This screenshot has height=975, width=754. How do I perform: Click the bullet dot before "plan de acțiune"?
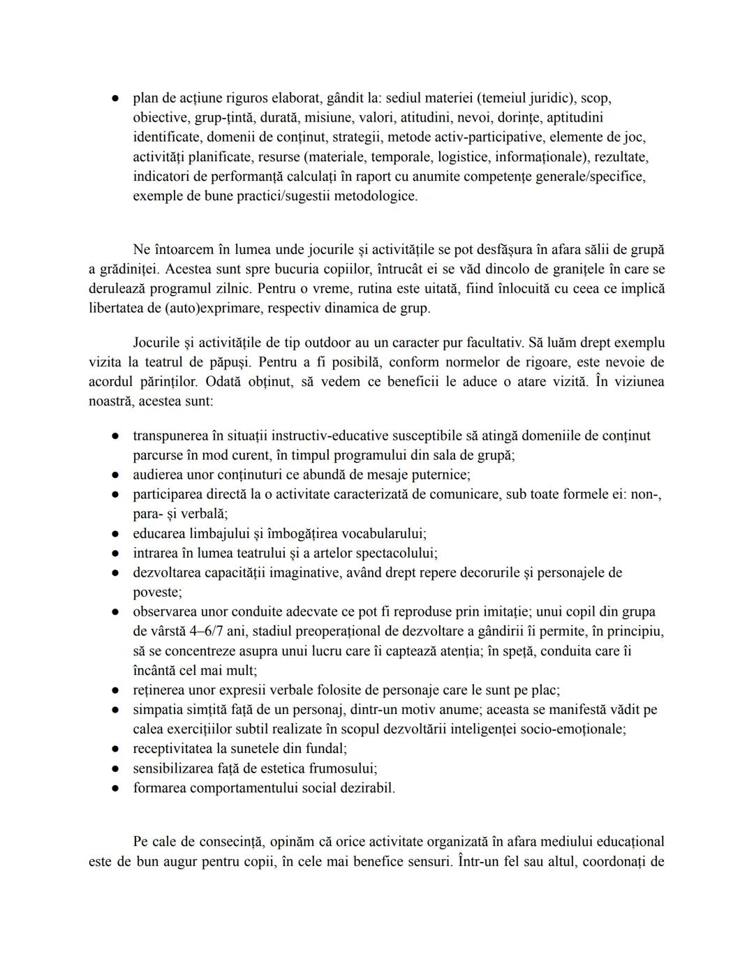pyautogui.click(x=114, y=99)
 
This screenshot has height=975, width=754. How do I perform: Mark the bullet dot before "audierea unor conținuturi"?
pyautogui.click(x=114, y=475)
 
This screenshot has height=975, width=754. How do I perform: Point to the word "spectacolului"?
pyautogui.click(x=397, y=553)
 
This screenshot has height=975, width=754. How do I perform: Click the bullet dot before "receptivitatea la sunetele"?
pyautogui.click(x=114, y=749)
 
